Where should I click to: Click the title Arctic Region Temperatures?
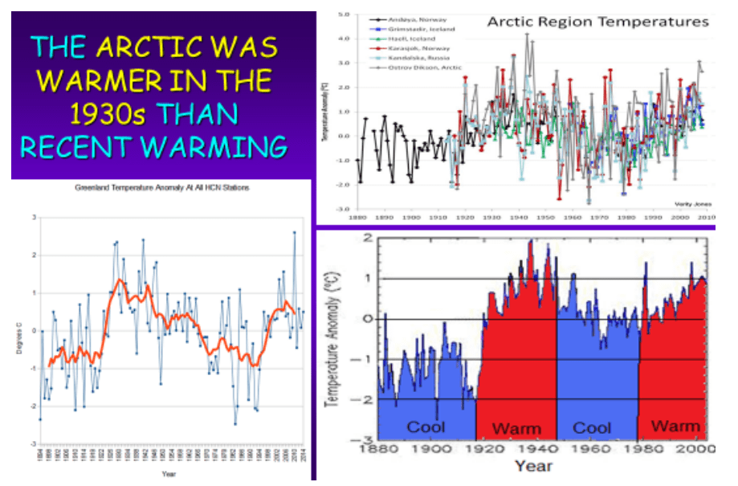coord(597,22)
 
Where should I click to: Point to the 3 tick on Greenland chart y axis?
coord(33,217)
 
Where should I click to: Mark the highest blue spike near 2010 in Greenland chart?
coord(294,232)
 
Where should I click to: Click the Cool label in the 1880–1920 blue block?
coord(426,427)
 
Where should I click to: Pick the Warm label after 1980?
coord(675,426)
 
